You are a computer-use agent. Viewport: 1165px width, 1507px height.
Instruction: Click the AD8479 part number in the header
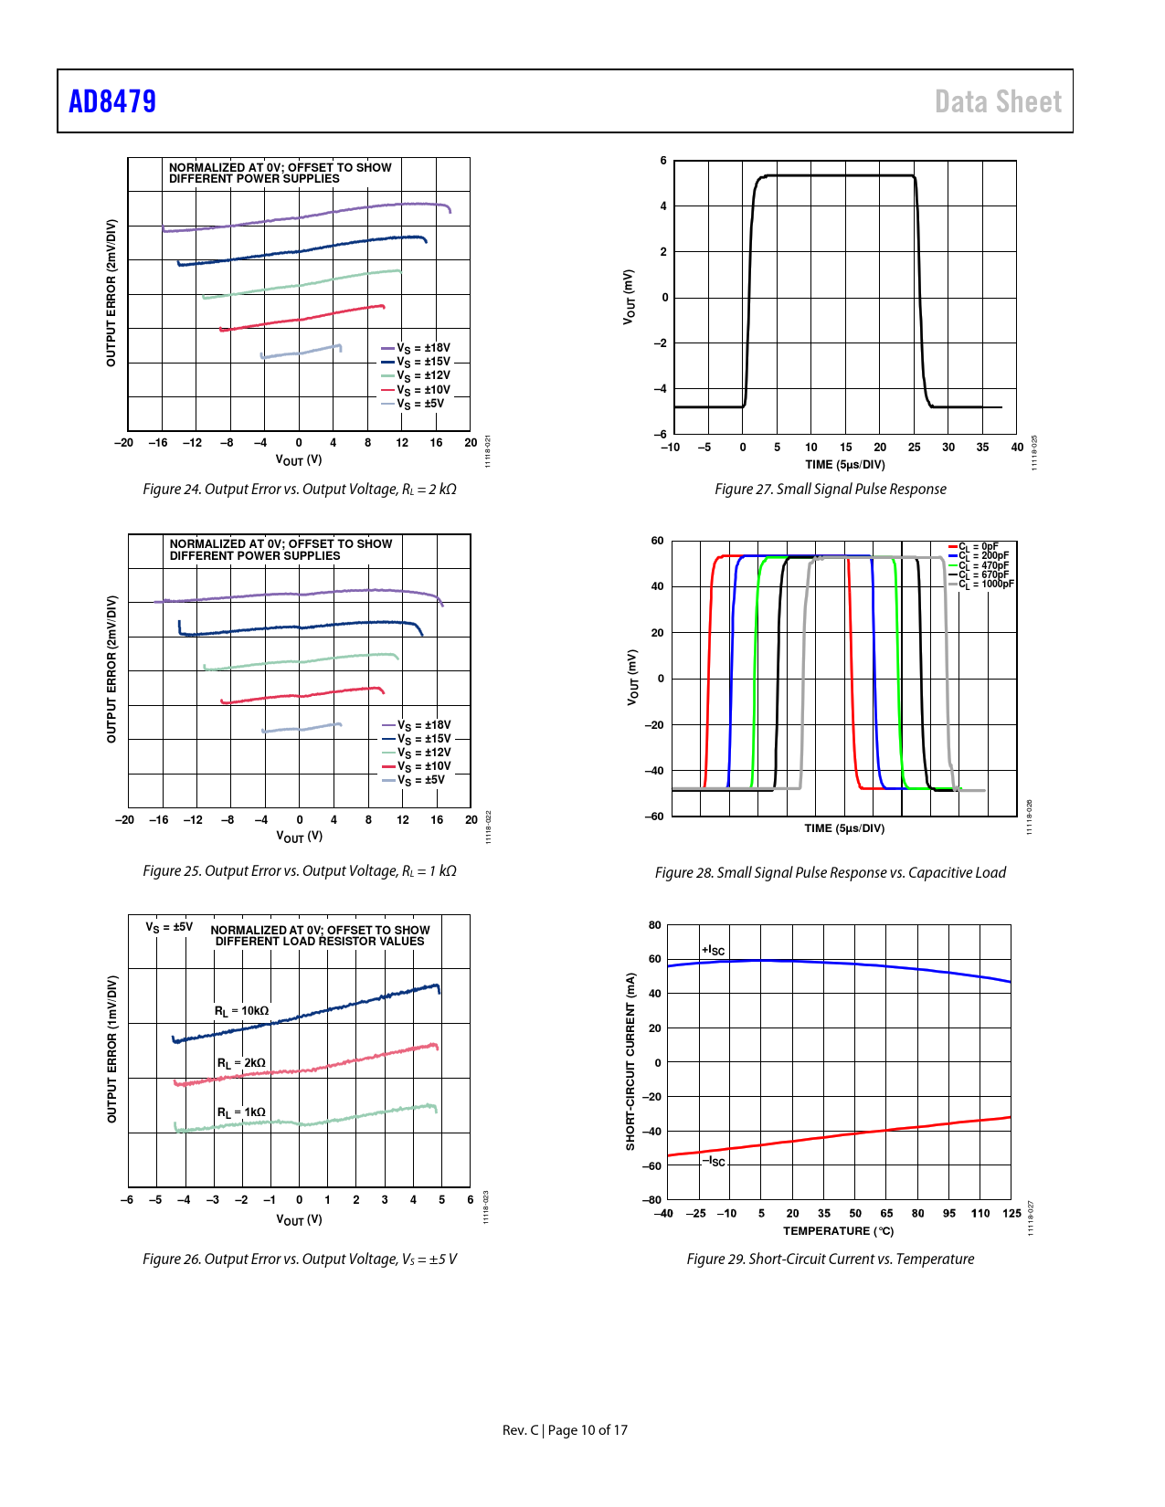(112, 101)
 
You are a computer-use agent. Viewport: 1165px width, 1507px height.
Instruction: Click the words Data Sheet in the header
(998, 101)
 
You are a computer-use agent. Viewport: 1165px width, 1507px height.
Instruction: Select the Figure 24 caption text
(299, 490)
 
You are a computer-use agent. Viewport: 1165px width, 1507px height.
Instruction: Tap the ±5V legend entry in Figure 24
(419, 404)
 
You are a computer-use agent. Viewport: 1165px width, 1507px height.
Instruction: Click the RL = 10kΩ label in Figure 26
(241, 1011)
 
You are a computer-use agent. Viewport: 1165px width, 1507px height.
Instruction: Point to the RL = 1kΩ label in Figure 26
(241, 1112)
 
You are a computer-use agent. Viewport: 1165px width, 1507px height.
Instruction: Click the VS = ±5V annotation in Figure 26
(169, 927)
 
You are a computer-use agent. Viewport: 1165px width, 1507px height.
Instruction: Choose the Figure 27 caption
(830, 490)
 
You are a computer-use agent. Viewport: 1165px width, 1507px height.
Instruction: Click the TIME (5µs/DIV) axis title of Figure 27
(844, 465)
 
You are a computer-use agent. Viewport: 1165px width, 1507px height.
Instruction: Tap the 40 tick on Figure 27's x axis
(1017, 448)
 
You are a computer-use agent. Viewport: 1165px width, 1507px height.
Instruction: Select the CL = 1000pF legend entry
(985, 584)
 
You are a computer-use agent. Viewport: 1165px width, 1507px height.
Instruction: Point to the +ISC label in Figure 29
(713, 951)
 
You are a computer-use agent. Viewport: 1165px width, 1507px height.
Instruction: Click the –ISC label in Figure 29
(714, 1162)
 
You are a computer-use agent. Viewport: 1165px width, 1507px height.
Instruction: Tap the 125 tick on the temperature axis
(1011, 1214)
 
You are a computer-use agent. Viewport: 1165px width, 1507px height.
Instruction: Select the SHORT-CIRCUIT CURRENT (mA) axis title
(630, 1061)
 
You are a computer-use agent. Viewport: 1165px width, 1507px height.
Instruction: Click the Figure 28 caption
(830, 873)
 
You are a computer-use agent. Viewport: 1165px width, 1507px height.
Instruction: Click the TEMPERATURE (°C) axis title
(838, 1231)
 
